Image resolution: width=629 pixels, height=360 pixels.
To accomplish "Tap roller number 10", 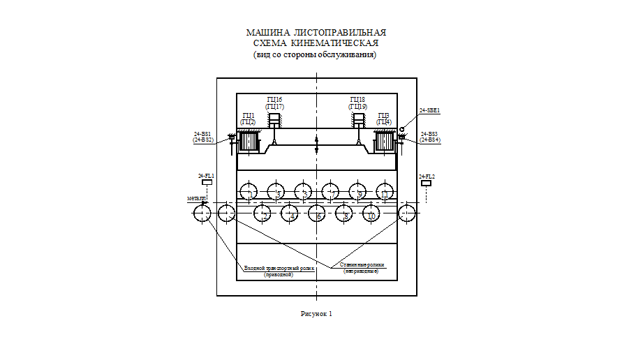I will pos(371,213).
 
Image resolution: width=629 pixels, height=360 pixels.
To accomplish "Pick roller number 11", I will pos(385,191).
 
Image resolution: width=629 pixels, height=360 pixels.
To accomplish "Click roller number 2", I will pos(262,213).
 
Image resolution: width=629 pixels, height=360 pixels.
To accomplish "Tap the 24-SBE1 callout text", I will pos(429,110).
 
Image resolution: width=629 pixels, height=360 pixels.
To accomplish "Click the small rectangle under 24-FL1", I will pos(207,183).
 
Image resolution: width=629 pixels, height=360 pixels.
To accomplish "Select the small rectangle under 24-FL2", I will pos(426,183).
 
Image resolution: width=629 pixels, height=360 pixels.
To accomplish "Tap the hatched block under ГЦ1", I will pos(249,142).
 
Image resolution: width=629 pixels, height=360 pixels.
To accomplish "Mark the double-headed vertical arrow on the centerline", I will pos(317,147).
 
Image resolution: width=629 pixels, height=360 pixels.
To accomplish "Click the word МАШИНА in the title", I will pos(267,33).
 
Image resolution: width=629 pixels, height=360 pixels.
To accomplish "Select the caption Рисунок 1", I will pos(316,313).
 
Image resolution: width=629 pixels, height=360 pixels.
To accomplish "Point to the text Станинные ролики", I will pos(362,264).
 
